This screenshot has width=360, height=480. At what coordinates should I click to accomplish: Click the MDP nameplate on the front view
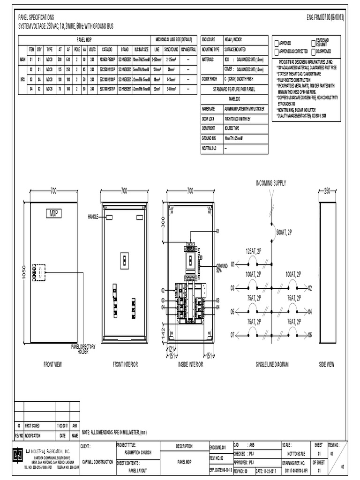click(x=53, y=214)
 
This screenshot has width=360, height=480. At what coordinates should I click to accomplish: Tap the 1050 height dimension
click(x=21, y=277)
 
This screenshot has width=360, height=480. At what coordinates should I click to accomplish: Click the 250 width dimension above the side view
click(x=327, y=191)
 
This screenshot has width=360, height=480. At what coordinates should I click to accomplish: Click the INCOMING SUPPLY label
click(x=270, y=182)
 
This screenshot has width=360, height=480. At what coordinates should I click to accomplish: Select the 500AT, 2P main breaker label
click(x=284, y=232)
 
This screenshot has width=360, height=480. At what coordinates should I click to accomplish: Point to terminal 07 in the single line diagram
click(x=232, y=335)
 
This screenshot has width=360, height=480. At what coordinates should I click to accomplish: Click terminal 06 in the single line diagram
click(x=310, y=335)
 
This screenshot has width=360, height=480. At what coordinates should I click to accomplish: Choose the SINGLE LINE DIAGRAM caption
click(x=272, y=364)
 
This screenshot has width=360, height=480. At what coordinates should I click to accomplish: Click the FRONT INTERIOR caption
click(x=124, y=364)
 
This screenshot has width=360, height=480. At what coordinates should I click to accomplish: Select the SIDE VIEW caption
click(x=327, y=364)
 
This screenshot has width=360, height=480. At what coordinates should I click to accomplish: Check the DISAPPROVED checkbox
click(x=313, y=51)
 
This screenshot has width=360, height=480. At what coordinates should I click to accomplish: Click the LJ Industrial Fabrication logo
click(x=17, y=454)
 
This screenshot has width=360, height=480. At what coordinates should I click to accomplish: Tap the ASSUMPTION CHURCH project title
click(x=138, y=453)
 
